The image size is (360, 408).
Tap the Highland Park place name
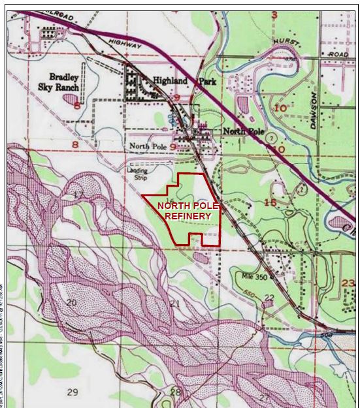184,81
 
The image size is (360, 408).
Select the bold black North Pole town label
243,131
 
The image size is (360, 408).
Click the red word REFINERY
188,215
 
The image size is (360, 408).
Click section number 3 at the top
274,14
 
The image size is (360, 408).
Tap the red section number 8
75,144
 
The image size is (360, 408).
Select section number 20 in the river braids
71,302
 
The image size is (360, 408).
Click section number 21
174,304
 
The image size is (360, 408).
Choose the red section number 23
348,282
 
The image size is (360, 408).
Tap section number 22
269,298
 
